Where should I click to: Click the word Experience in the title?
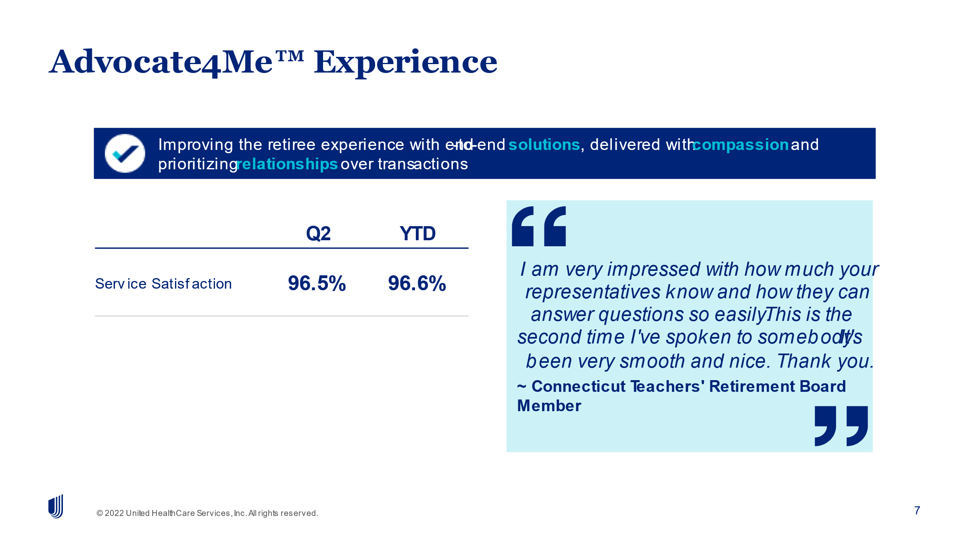405,62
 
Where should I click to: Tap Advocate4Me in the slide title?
161,62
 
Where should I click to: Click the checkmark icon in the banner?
125,153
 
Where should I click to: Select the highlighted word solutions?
544,144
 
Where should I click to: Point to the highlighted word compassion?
741,145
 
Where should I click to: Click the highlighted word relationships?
287,164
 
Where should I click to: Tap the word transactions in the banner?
423,164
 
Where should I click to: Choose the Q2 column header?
318,233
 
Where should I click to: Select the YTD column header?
417,233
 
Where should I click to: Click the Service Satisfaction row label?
163,284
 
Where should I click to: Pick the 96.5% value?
317,283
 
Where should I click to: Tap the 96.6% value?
417,283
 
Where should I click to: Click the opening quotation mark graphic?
539,226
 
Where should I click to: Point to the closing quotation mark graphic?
841,426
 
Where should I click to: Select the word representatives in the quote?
593,292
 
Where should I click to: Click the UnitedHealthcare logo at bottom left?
56,506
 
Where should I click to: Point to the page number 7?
917,510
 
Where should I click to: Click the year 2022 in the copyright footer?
114,513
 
